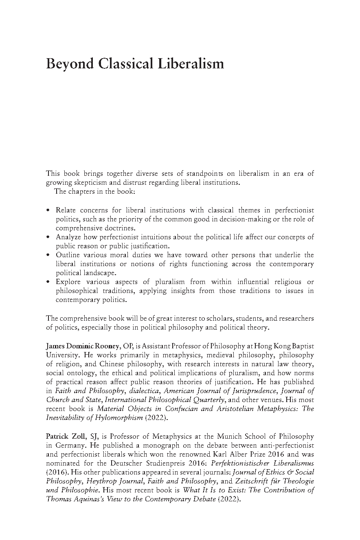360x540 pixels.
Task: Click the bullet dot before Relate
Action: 48,210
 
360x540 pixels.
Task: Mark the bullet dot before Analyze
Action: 48,237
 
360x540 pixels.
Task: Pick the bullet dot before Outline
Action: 48,255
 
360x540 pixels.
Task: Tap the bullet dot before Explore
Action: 48,282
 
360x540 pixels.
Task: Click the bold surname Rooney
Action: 107,346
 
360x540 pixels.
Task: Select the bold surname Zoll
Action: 77,437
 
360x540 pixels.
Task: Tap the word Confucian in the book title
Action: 177,409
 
